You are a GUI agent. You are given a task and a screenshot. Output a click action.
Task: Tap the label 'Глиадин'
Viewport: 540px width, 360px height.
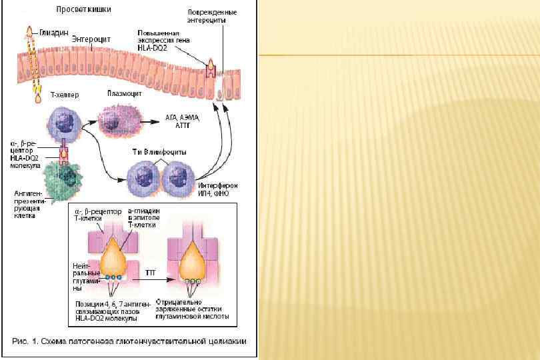tap(51, 31)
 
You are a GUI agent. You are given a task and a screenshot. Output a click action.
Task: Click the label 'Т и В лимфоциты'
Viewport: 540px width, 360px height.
tap(158, 153)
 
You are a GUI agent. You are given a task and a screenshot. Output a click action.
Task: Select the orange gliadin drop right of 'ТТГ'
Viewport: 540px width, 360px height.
tap(194, 261)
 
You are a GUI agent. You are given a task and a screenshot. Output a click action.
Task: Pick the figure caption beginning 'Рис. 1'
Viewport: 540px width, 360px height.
tap(129, 341)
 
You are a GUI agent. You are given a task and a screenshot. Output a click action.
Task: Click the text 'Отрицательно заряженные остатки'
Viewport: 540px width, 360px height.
tap(192, 308)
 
